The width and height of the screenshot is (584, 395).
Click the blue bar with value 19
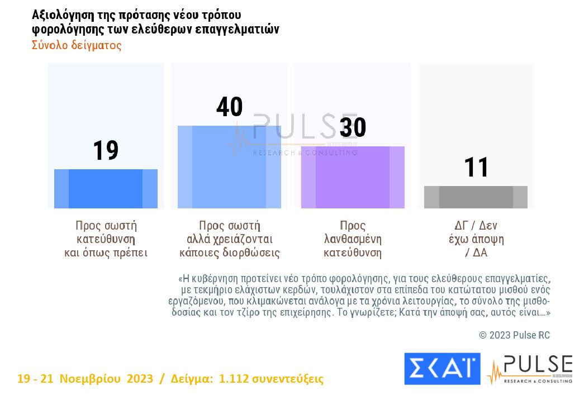(x=106, y=189)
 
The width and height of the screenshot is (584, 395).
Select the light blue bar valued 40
(x=229, y=167)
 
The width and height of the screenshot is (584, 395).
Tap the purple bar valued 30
(x=353, y=178)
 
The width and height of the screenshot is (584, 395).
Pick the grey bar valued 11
(x=476, y=197)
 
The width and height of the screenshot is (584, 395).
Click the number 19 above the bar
(x=106, y=151)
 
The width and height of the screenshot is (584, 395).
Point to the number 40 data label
(x=229, y=107)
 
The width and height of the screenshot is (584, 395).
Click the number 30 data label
(x=353, y=127)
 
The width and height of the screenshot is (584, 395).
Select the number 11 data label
(x=477, y=168)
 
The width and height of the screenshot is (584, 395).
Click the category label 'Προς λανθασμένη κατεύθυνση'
(x=353, y=239)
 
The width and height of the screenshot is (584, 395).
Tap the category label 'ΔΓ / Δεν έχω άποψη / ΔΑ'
(x=476, y=239)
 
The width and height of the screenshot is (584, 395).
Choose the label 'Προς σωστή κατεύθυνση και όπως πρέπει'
(x=106, y=239)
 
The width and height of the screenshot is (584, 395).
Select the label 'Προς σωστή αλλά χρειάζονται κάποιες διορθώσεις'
(x=230, y=239)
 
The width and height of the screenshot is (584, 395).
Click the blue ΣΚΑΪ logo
(x=441, y=369)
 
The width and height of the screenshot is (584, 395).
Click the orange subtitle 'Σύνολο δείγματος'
(x=77, y=45)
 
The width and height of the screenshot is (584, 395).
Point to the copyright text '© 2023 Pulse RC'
(x=514, y=335)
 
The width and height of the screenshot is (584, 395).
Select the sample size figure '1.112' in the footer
(x=232, y=379)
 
